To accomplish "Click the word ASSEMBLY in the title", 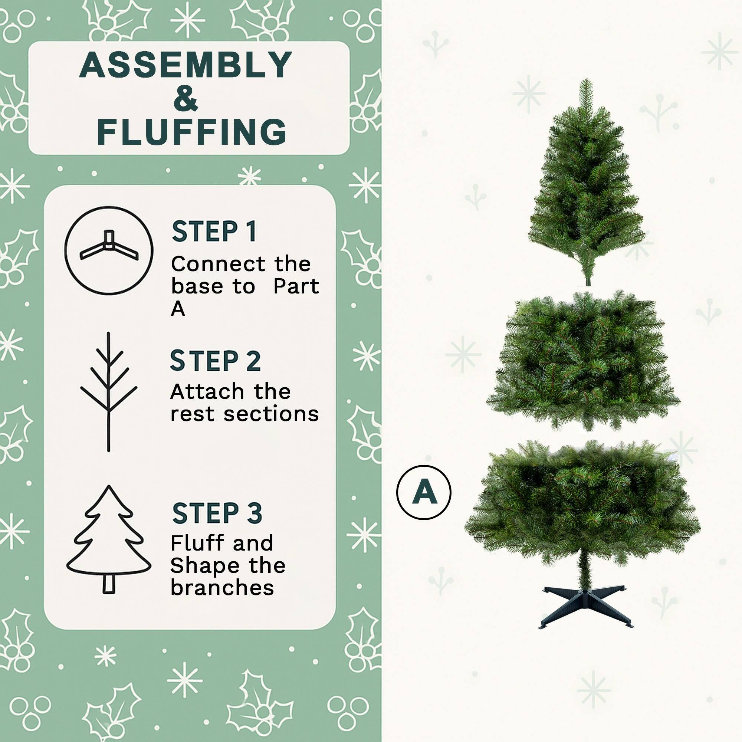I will tap(186, 65).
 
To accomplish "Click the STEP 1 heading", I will tap(214, 232).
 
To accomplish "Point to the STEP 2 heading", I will tap(215, 361).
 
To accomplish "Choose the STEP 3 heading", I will tap(217, 513).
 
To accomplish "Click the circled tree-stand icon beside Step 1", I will tap(109, 251).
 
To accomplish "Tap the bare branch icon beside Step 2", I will tap(109, 392).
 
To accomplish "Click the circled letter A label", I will tap(423, 492).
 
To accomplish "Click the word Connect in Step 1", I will tap(218, 265).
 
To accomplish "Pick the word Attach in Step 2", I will tap(207, 392).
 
